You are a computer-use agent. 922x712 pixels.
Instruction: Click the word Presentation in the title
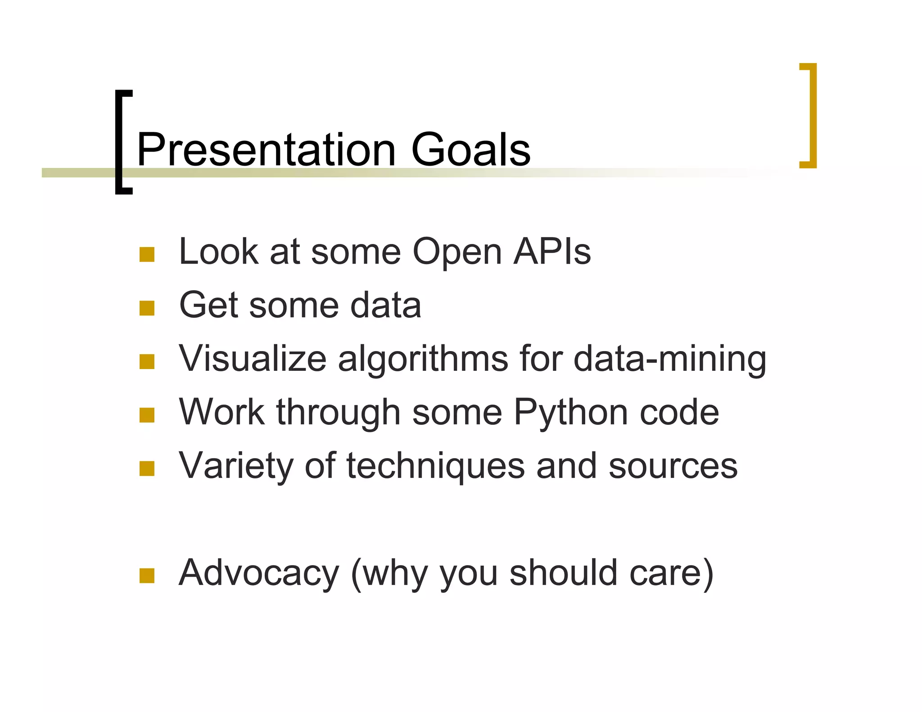pyautogui.click(x=266, y=149)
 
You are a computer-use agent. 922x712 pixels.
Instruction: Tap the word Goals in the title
pyautogui.click(x=470, y=149)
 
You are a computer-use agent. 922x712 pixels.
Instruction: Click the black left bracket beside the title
pyautogui.click(x=121, y=142)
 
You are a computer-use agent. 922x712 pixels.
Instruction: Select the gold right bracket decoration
pyautogui.click(x=811, y=116)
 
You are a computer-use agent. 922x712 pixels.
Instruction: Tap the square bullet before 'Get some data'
pyautogui.click(x=147, y=308)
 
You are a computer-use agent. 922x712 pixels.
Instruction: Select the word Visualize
pyautogui.click(x=253, y=359)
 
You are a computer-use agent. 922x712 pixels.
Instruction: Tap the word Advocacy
pyautogui.click(x=258, y=573)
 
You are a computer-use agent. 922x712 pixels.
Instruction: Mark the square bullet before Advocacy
pyautogui.click(x=147, y=576)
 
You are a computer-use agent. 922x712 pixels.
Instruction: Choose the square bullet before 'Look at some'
pyautogui.click(x=147, y=255)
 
